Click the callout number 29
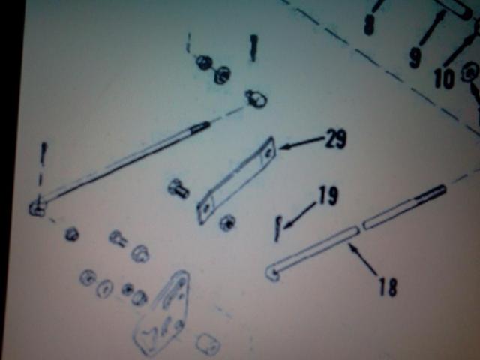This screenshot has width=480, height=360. (336, 139)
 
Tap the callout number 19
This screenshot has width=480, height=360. (328, 196)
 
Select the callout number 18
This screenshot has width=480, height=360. (388, 286)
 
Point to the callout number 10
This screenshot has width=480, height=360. (444, 79)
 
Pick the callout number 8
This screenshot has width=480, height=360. (369, 25)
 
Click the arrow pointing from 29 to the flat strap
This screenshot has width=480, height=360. (301, 144)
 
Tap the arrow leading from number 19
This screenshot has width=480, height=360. (301, 215)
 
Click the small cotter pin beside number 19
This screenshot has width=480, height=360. (277, 229)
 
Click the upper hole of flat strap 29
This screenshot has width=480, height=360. (268, 153)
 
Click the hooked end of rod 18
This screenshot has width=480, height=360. (272, 272)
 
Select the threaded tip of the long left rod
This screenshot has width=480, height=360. (200, 127)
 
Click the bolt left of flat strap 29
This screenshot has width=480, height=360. (178, 188)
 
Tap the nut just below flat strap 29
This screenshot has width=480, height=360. (228, 222)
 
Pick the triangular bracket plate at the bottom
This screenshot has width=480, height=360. (163, 312)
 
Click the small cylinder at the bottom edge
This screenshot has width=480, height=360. (208, 343)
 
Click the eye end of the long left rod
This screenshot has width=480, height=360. (37, 208)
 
